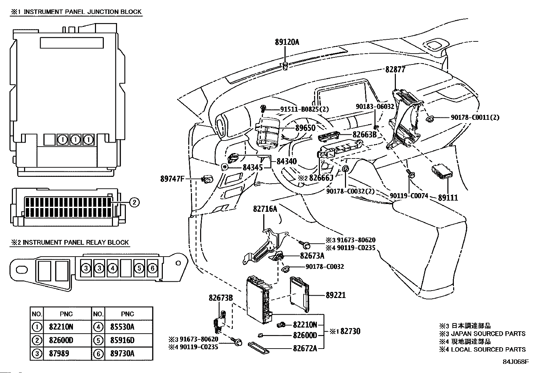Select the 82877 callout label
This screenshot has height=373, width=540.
tap(395, 70)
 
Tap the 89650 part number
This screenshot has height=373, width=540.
tap(305, 128)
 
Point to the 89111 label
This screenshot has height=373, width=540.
tap(448, 198)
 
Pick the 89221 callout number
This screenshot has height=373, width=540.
tap(335, 295)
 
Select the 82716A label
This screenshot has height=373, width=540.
tap(265, 209)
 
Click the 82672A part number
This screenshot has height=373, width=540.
tap(305, 348)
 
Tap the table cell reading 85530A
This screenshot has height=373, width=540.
tap(122, 327)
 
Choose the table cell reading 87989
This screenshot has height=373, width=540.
tap(59, 354)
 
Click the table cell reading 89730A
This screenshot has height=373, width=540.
tap(122, 354)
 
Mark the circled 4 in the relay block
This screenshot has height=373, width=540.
tap(113, 268)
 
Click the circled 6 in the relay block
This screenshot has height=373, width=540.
tap(152, 268)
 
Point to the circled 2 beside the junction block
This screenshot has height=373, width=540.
tap(134, 203)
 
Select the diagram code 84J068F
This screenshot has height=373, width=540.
tap(516, 362)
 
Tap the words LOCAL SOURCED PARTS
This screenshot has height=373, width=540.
tap(488, 349)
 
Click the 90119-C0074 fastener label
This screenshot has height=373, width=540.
tap(409, 196)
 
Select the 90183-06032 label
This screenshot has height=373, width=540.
tap(375, 107)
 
